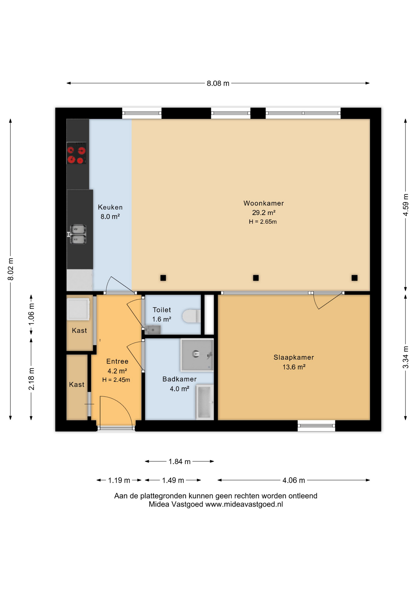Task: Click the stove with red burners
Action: (x=76, y=153)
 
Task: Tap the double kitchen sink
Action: (x=78, y=234)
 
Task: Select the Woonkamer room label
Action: (x=263, y=203)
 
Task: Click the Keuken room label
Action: (x=110, y=207)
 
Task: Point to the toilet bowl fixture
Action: (x=191, y=316)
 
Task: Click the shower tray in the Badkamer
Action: (x=197, y=355)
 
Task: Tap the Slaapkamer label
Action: (x=293, y=357)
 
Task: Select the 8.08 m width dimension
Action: (x=218, y=83)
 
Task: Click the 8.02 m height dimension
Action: (x=10, y=269)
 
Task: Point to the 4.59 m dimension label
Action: (x=406, y=205)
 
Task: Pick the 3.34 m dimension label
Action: (x=406, y=357)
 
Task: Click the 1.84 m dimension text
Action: (x=180, y=461)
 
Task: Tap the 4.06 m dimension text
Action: (x=293, y=480)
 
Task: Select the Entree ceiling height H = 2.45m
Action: (x=116, y=380)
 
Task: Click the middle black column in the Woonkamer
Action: (x=256, y=278)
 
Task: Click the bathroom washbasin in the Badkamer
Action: (x=205, y=402)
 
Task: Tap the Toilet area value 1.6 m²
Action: (x=161, y=319)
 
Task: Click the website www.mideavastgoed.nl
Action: (x=244, y=504)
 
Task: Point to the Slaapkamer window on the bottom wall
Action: (x=316, y=426)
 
